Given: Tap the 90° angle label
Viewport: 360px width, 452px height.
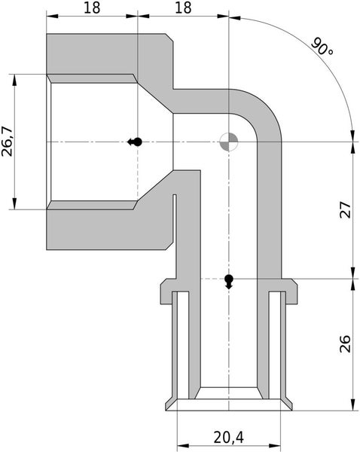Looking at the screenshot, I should (x=322, y=48).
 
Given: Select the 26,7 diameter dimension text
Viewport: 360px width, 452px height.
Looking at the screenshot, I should (x=8, y=141).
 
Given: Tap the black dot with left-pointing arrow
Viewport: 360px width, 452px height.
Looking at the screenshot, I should (x=135, y=142).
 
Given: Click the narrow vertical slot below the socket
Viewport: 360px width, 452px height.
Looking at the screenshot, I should (x=174, y=218).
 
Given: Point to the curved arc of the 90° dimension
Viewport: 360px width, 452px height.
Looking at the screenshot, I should (x=301, y=53).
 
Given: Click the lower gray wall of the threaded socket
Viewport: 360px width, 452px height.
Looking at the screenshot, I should (x=105, y=229).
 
